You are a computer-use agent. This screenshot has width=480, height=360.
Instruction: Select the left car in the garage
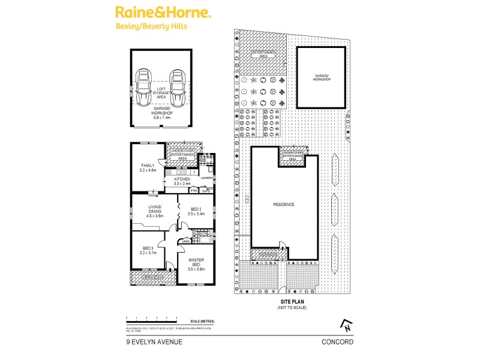(144, 88)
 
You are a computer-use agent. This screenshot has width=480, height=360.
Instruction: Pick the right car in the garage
(176, 88)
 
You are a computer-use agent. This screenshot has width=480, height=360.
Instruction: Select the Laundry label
(207, 178)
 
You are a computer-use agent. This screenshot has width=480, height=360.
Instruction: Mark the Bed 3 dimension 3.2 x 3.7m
(148, 253)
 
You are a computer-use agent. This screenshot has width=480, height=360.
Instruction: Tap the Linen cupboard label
(185, 242)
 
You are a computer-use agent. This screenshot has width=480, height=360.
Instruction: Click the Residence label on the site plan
(284, 205)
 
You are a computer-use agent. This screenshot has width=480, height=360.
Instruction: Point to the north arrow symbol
(346, 326)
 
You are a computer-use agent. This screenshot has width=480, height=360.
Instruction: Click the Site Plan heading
(292, 303)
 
